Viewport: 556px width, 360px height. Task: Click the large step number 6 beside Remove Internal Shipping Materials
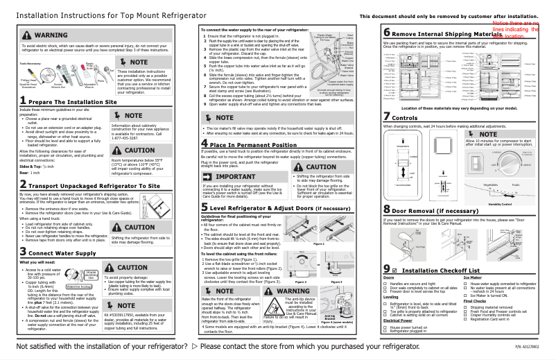387,33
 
